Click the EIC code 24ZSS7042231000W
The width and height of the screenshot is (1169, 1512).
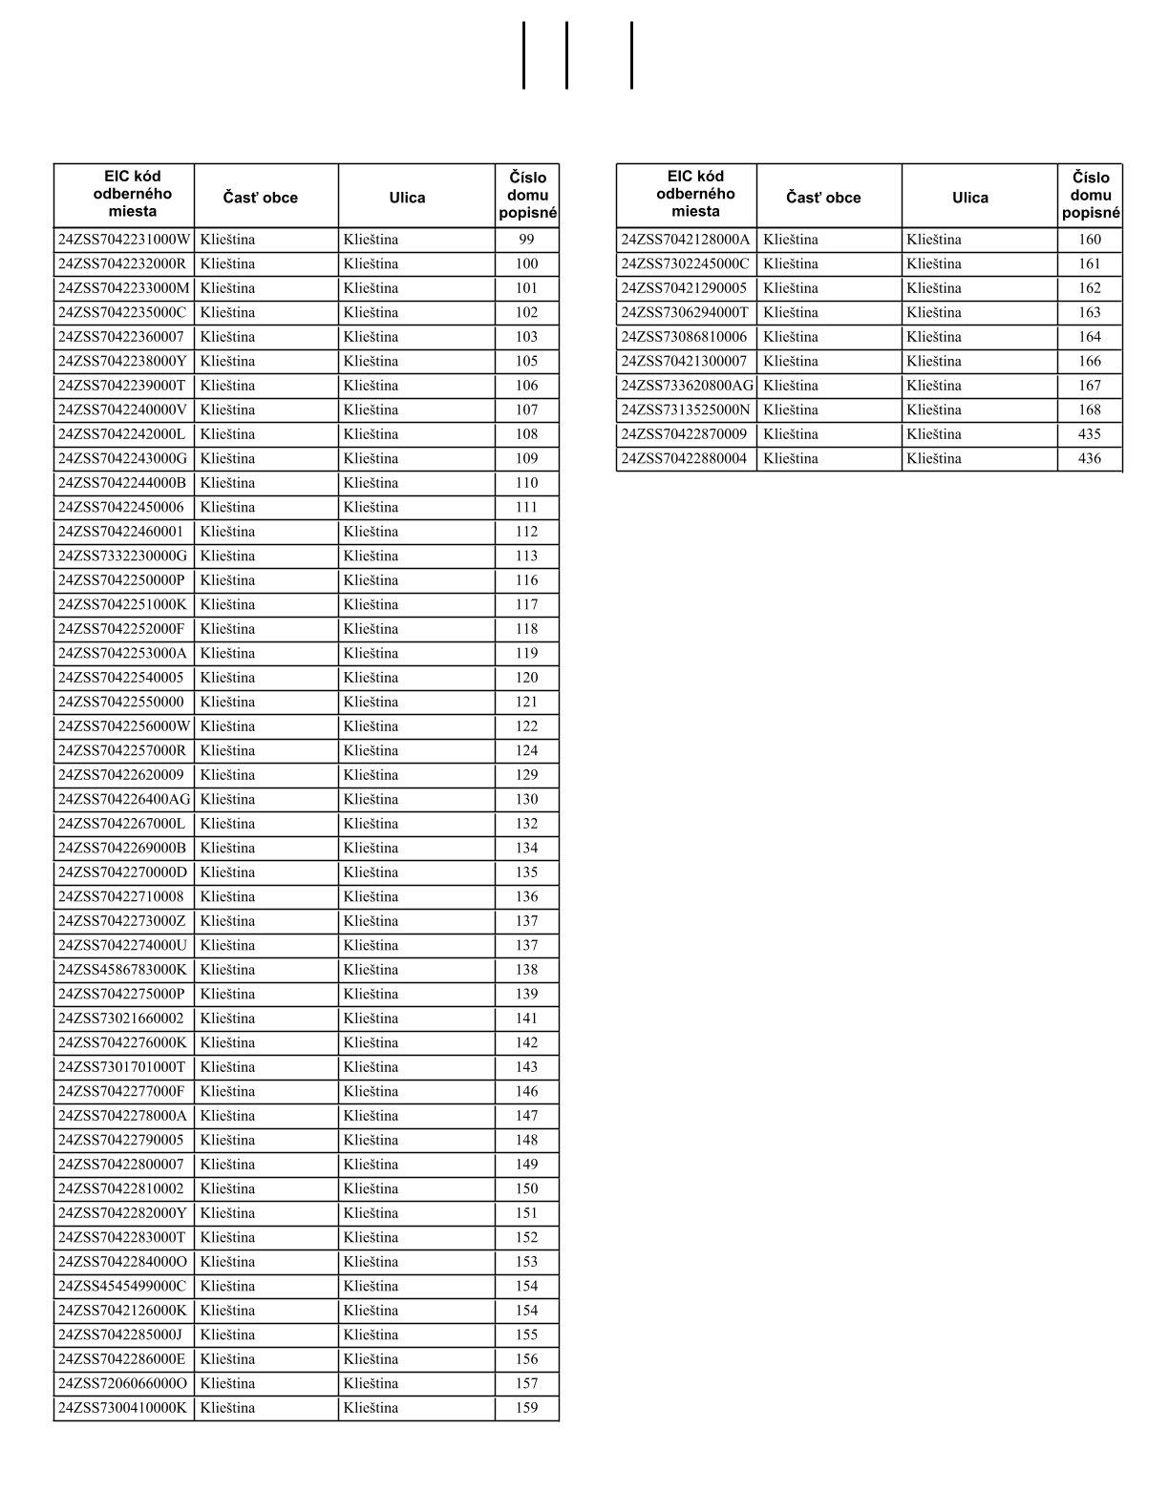tap(124, 240)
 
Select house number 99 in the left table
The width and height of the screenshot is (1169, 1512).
tap(526, 240)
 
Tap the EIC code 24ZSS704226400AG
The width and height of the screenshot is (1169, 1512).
tap(124, 799)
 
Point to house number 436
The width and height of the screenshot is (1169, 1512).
tap(1089, 458)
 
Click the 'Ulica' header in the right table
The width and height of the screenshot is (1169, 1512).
tap(969, 198)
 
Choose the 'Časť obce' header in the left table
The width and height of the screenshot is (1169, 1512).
tap(261, 198)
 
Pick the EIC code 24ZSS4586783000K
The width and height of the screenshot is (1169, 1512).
tap(123, 970)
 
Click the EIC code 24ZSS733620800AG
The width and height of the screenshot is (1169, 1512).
tap(687, 386)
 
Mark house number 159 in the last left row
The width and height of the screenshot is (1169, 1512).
tap(526, 1408)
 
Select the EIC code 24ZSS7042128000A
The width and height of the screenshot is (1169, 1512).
tap(686, 240)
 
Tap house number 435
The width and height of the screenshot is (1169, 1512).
tap(1089, 434)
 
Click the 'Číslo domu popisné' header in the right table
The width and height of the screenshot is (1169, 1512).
tap(1091, 196)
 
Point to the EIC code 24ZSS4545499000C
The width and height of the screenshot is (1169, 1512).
tap(122, 1286)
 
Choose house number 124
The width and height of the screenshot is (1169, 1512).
tap(526, 750)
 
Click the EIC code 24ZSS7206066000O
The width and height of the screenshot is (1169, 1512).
tap(123, 1383)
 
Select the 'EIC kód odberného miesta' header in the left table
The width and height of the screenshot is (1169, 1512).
tap(133, 194)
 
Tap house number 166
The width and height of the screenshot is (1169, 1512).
tap(1089, 361)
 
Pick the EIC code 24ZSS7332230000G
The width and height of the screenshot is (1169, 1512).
tap(123, 556)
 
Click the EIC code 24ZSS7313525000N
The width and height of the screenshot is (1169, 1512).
tap(686, 409)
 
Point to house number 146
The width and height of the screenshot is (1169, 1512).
tap(526, 1091)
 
